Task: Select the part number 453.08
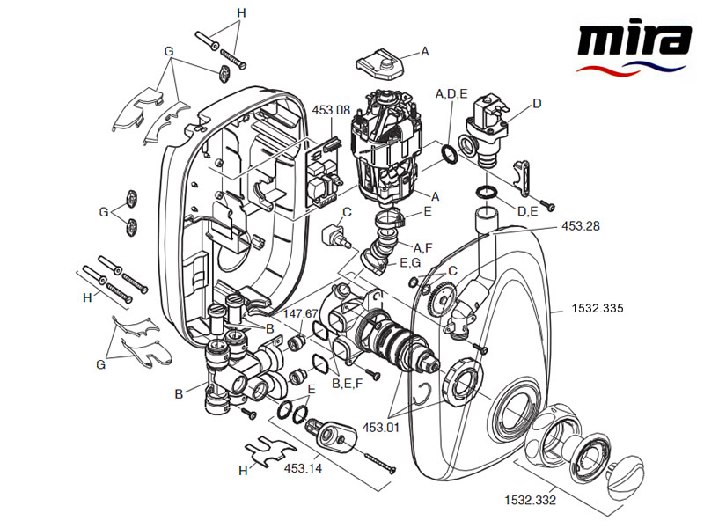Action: tap(331, 110)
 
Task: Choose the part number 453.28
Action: tap(581, 226)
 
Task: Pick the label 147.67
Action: tap(300, 312)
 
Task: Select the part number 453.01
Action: tap(381, 428)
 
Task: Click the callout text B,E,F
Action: tap(348, 383)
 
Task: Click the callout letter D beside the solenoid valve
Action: tap(537, 103)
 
